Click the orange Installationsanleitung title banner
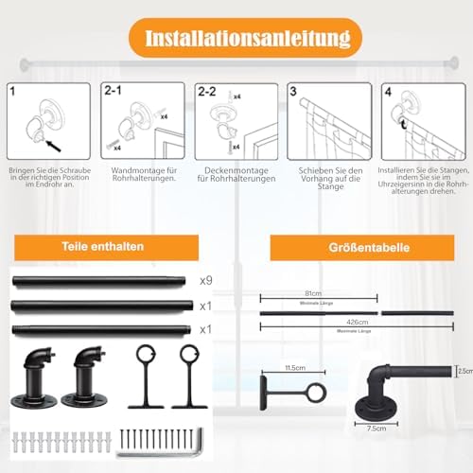pyautogui.click(x=236, y=39)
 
